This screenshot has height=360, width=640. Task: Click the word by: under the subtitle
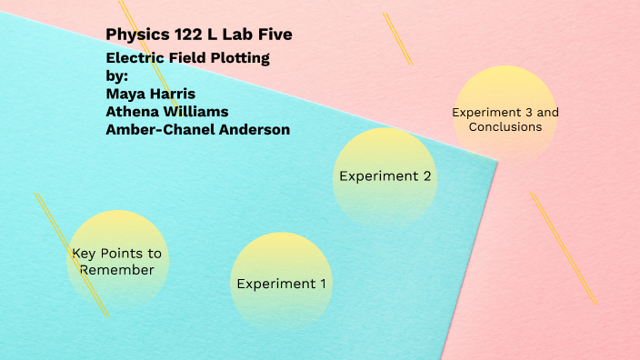point(117,75)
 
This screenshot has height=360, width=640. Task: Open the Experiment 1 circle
point(281,283)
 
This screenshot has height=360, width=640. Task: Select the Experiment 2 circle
point(385,176)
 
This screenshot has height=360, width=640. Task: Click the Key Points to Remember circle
point(118,261)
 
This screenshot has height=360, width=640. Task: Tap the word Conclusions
point(505,127)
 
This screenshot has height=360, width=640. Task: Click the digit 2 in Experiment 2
point(426,176)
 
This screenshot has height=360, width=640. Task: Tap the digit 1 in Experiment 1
point(322,284)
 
